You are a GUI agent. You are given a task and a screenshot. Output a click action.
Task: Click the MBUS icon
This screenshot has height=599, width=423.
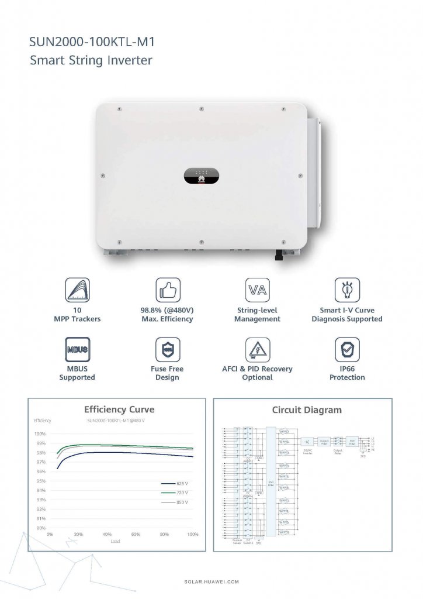[77, 349]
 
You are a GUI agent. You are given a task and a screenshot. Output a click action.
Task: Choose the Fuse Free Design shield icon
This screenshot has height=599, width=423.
[167, 349]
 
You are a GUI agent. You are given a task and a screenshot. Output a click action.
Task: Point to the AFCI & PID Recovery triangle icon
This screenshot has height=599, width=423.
[257, 349]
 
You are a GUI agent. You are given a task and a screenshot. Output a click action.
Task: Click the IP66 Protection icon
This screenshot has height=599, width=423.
[346, 349]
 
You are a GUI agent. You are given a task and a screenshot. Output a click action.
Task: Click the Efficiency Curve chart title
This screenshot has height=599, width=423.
[119, 409]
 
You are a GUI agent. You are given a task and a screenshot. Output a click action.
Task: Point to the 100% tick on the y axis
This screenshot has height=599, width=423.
[40, 434]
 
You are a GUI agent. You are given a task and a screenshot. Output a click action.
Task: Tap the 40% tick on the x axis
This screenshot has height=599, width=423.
[107, 535]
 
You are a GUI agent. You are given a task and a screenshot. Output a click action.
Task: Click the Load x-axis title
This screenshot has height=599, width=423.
[116, 542]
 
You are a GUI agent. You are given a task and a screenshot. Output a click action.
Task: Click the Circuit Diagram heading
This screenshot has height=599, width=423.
[307, 410]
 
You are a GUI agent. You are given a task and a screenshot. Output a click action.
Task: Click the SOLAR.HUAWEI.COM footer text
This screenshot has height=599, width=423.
[211, 583]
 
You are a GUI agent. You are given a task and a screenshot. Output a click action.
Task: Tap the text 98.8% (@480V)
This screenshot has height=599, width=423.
[167, 310]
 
